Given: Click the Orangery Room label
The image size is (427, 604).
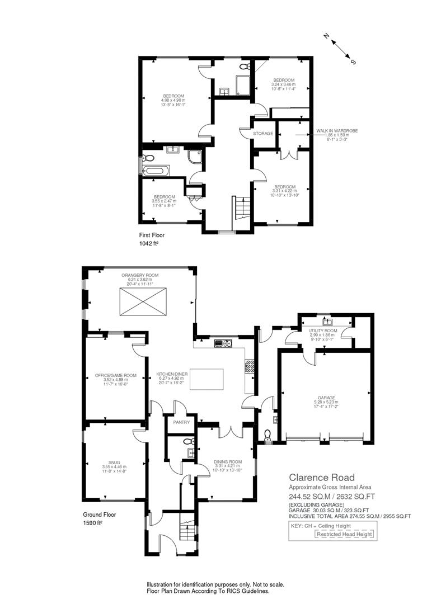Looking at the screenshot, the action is (140, 275).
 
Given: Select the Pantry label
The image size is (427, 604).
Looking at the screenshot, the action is (181, 422).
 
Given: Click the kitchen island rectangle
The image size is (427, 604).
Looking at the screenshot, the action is (207, 380).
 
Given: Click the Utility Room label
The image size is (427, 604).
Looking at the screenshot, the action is (323, 331).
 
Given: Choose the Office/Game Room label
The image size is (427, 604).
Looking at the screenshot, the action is (116, 376).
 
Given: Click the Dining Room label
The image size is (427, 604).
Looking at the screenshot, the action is (228, 462).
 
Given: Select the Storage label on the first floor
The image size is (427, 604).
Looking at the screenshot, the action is (263, 134).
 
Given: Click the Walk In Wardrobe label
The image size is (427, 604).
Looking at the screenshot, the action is (337, 131).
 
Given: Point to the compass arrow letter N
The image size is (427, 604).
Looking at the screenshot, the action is (326, 36).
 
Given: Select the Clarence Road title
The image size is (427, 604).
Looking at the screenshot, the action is (322, 478).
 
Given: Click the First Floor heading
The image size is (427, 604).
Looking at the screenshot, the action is (152, 235).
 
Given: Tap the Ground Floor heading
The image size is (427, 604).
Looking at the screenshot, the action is (100, 515).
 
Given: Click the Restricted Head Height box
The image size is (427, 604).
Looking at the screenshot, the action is (344, 534).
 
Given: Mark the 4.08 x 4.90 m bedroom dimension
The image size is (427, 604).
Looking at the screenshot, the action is (173, 100).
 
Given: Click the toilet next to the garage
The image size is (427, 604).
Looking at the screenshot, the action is (268, 435).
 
